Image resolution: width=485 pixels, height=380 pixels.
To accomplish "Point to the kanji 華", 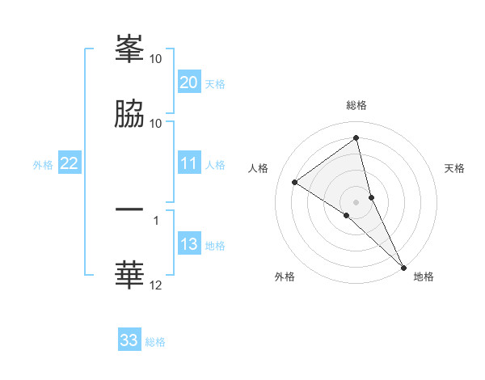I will pyautogui.click(x=129, y=274).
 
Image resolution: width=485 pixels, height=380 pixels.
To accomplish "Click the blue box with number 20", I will pyautogui.click(x=188, y=82).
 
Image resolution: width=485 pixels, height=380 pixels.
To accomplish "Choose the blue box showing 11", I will pyautogui.click(x=188, y=164).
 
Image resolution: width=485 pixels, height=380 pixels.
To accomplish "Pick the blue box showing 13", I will pyautogui.click(x=188, y=245).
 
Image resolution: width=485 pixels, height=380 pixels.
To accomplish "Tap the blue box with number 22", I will pyautogui.click(x=69, y=164).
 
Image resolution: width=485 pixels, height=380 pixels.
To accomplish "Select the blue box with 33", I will pyautogui.click(x=129, y=340).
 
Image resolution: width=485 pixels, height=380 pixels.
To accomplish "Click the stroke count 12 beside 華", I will pyautogui.click(x=156, y=285).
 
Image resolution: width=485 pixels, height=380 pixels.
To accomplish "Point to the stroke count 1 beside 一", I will pyautogui.click(x=156, y=219).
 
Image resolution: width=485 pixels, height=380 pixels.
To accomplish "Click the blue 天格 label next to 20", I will pyautogui.click(x=215, y=84).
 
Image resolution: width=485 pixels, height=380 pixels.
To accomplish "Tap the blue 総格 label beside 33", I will pyautogui.click(x=156, y=342).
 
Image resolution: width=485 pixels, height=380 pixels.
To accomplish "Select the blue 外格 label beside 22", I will pyautogui.click(x=43, y=165).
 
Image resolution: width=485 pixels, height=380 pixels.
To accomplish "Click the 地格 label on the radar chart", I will pyautogui.click(x=424, y=277).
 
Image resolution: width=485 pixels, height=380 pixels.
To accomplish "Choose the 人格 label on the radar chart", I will pyautogui.click(x=259, y=168).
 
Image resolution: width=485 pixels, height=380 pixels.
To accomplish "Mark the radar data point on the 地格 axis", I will pyautogui.click(x=403, y=267).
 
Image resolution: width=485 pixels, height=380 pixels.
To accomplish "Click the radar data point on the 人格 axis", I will pyautogui.click(x=294, y=182).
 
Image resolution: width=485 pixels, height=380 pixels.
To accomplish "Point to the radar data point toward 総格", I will pyautogui.click(x=356, y=138).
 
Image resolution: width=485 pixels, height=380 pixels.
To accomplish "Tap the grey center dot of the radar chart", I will pyautogui.click(x=356, y=201).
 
